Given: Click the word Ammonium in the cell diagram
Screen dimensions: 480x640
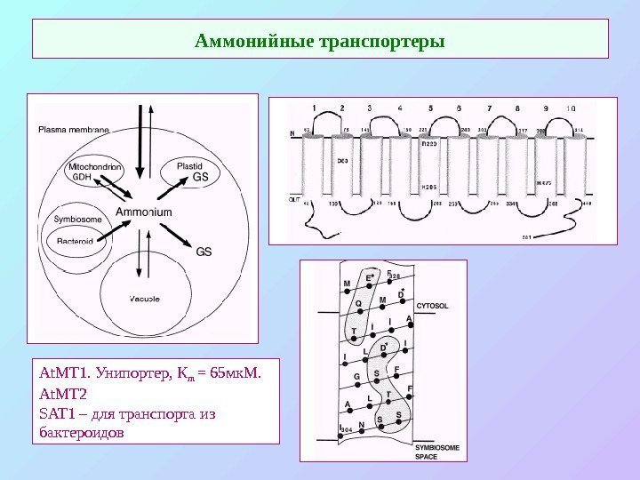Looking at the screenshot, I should tap(144, 212).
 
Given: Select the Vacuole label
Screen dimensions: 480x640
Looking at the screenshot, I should tap(143, 299).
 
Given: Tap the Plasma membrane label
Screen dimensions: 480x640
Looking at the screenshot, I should tap(73, 130).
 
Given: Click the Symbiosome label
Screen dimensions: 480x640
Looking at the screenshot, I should tap(76, 219).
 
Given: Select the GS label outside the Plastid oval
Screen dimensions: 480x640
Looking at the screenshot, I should tap(204, 252).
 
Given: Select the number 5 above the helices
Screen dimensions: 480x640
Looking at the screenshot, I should tap(430, 108).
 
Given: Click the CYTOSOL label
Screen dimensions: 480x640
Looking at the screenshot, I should tap(432, 305).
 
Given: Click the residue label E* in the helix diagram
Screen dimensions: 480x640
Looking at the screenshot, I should tap(372, 277).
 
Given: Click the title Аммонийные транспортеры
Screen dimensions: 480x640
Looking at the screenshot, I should tap(320, 42).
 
